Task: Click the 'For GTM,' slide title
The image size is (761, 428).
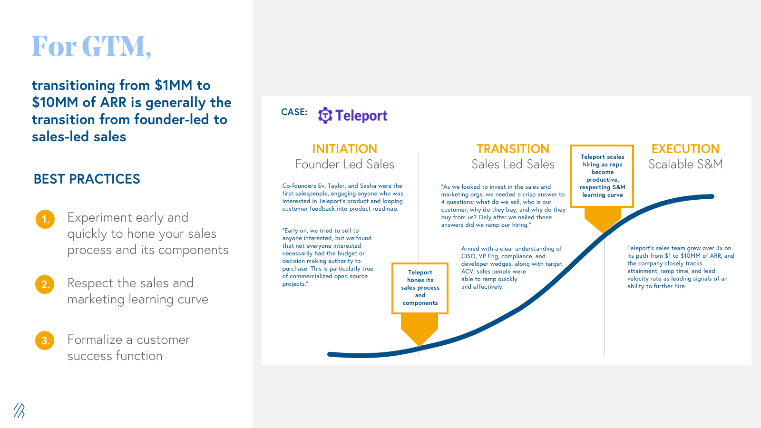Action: [91, 47]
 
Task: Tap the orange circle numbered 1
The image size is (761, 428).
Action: [45, 219]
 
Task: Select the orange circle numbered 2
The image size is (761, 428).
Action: [45, 284]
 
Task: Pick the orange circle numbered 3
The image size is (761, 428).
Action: [45, 340]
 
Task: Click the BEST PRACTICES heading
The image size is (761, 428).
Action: [87, 179]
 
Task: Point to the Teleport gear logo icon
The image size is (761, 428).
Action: [325, 116]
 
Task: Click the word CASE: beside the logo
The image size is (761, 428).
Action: [294, 112]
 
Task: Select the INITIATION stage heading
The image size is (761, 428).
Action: [344, 149]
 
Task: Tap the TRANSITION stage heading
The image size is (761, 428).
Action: [513, 149]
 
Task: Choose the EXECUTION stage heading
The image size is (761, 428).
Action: [685, 149]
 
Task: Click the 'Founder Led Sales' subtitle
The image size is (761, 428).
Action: [344, 165]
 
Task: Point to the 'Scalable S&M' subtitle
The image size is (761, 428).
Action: [685, 165]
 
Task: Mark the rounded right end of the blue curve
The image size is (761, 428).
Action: [712, 196]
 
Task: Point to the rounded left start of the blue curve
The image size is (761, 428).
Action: [330, 354]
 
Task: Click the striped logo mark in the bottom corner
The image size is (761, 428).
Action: [19, 410]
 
